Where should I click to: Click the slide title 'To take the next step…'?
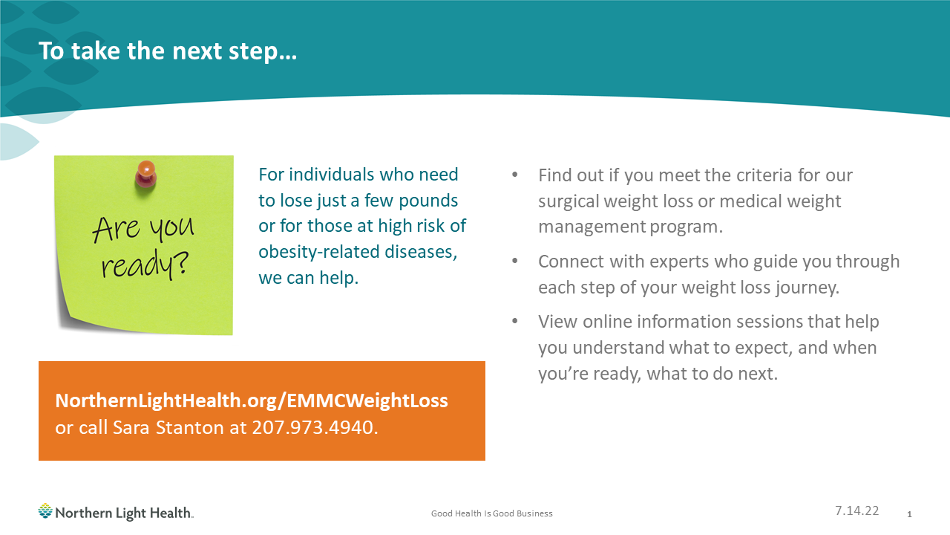168,51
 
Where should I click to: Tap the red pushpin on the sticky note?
145,175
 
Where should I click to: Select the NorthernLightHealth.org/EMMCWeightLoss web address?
252,401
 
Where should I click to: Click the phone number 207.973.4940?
315,428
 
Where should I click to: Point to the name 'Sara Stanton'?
183,428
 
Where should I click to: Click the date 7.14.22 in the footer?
856,510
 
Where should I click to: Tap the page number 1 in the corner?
909,514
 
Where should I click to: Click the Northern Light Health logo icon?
45,511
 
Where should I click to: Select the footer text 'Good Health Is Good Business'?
492,513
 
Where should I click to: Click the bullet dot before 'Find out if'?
515,176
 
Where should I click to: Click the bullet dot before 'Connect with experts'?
515,262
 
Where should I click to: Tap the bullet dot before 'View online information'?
515,322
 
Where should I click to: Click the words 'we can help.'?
308,279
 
